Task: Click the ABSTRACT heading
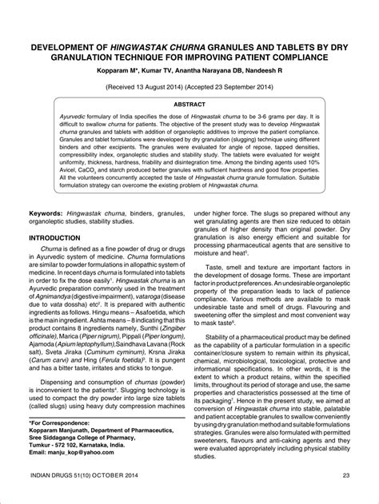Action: tap(189, 104)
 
